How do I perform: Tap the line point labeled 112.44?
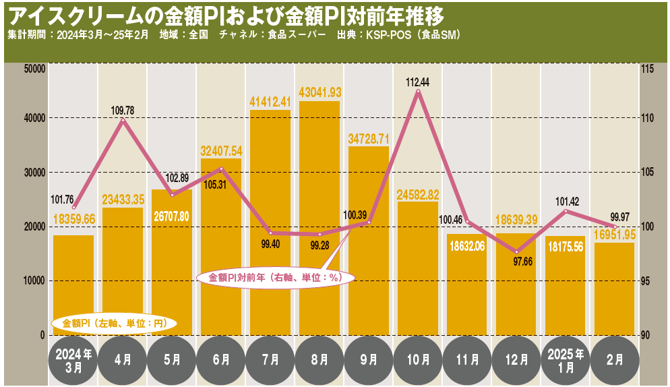click(418, 92)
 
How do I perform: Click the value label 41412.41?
click(270, 102)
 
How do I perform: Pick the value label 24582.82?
click(418, 194)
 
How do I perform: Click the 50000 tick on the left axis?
click(33, 68)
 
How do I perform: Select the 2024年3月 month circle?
click(73, 361)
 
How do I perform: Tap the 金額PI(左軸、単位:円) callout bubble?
click(114, 323)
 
